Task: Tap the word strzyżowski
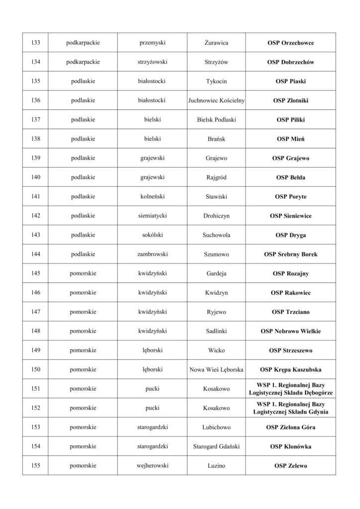(153, 62)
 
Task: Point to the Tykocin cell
(216, 81)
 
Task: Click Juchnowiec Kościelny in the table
(216, 100)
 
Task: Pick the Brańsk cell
(216, 139)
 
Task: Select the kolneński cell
(153, 196)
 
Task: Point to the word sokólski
(153, 235)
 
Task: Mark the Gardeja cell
(216, 273)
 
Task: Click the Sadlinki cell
(216, 331)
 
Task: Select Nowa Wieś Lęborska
(216, 370)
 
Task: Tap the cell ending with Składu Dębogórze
(290, 389)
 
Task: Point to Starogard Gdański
(216, 446)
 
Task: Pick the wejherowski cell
(153, 466)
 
